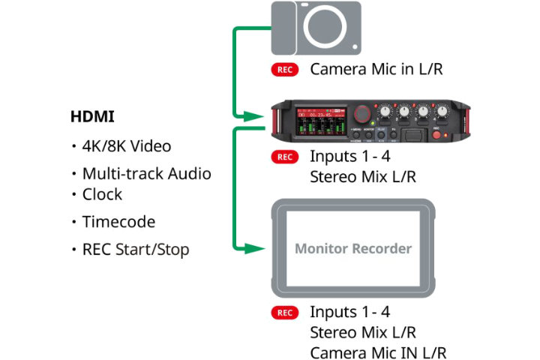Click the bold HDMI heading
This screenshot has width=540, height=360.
point(92,117)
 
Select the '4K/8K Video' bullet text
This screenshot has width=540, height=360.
point(127,146)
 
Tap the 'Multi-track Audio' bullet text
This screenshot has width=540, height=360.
point(146,174)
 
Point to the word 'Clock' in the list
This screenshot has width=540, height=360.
point(102,194)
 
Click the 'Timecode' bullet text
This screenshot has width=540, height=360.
point(118,222)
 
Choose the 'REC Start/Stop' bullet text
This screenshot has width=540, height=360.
point(135,250)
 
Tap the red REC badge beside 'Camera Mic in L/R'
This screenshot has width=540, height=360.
point(285,70)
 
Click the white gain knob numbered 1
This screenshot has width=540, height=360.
point(385,112)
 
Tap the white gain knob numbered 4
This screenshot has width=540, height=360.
point(443,112)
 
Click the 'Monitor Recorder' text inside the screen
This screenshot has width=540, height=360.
point(352,248)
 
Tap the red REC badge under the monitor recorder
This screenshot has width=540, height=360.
point(285,313)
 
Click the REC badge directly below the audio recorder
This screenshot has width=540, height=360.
point(285,157)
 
